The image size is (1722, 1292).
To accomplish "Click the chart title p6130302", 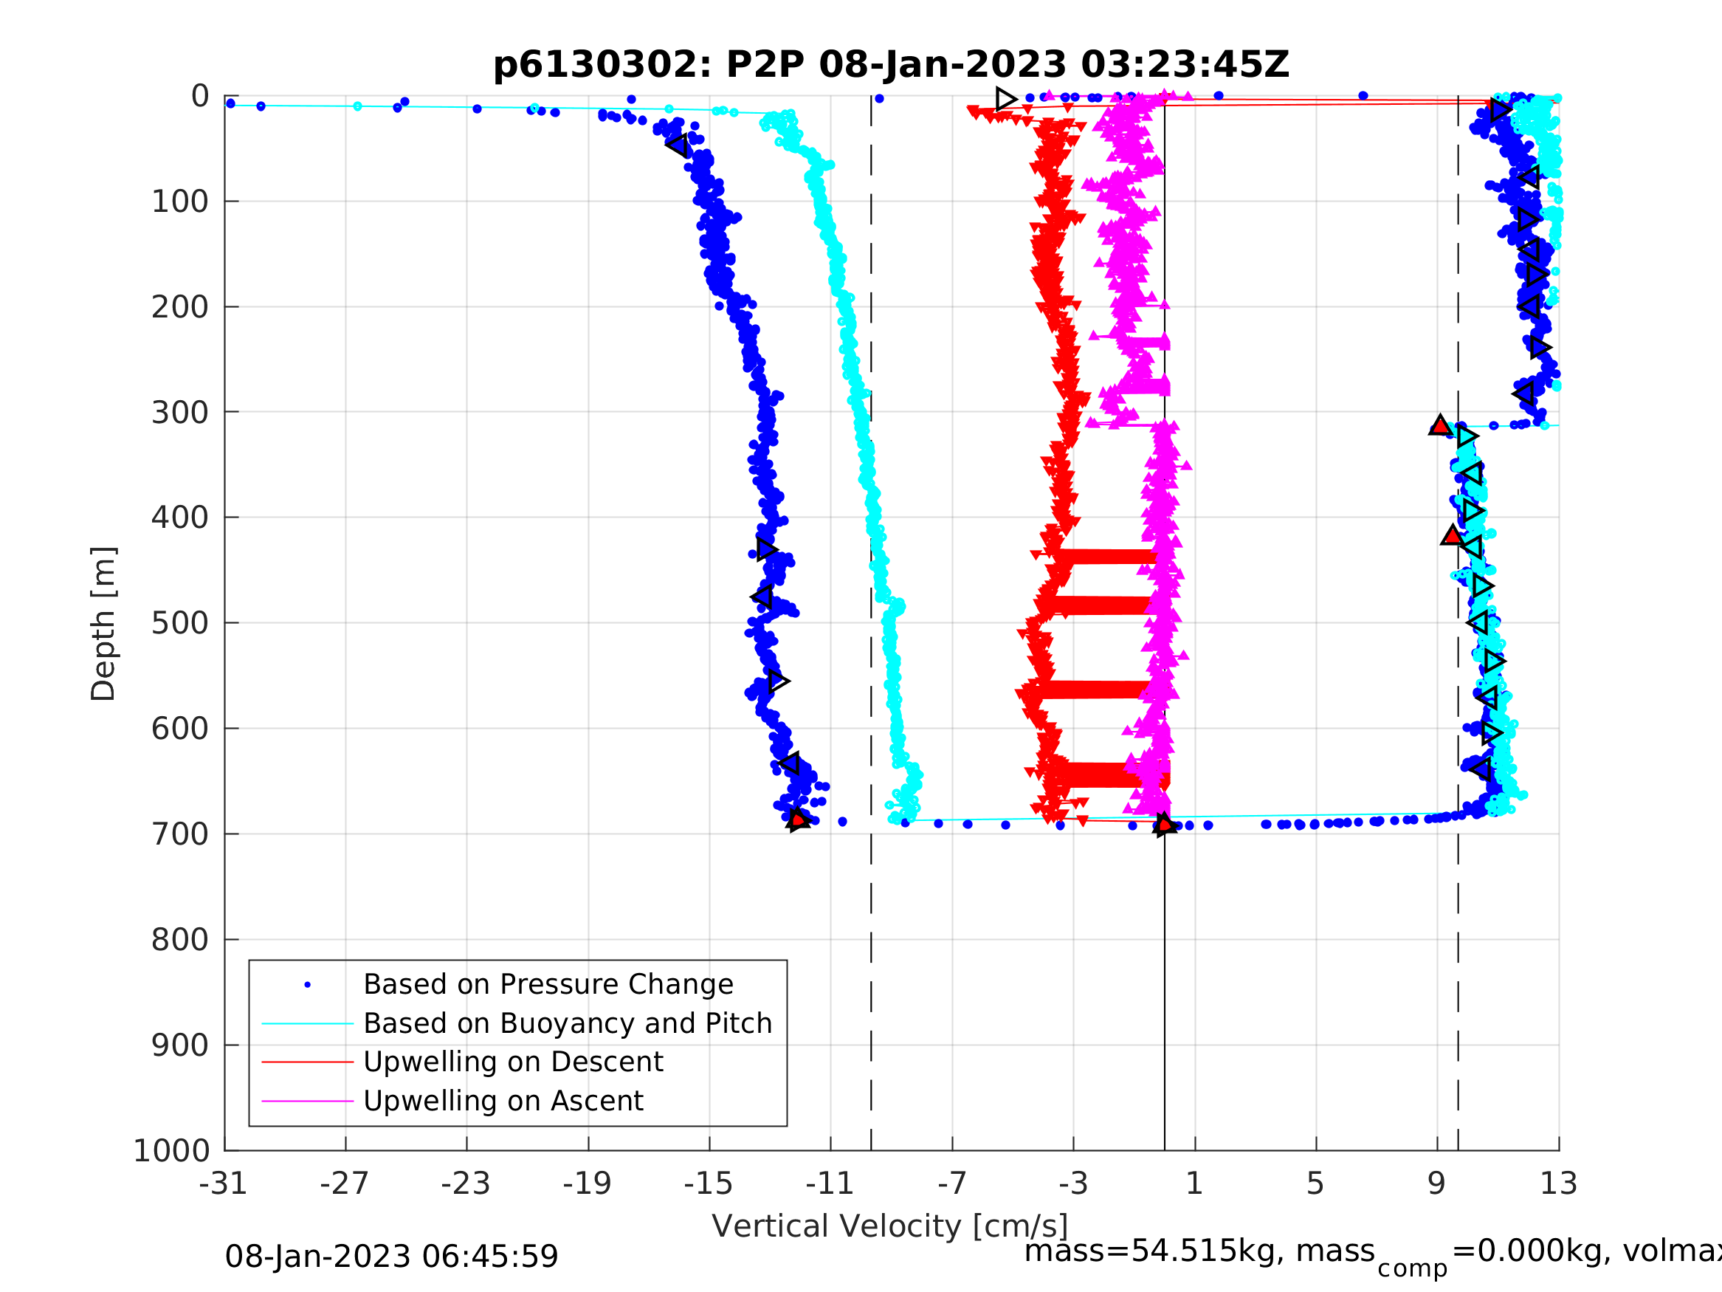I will [891, 65].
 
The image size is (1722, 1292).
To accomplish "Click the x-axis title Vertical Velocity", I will [891, 1226].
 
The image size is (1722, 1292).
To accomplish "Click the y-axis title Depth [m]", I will [103, 623].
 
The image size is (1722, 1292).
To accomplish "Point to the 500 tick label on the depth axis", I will [180, 623].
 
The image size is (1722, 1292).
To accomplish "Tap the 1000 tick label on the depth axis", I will [172, 1150].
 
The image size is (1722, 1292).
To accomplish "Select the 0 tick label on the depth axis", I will [200, 97].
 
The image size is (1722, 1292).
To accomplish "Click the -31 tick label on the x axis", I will [224, 1183].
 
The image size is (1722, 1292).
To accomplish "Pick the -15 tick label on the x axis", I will [709, 1183].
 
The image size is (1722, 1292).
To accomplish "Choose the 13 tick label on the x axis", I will [1559, 1183].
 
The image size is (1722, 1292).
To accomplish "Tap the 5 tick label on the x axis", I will [1315, 1183].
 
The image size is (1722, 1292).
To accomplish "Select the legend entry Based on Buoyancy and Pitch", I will [568, 1023].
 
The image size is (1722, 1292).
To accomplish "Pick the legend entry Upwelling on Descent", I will [513, 1062].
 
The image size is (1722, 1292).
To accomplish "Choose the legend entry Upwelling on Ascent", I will [503, 1101].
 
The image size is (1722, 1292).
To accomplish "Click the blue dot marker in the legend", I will [308, 985].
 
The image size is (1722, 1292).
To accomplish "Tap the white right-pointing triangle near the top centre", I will [1006, 99].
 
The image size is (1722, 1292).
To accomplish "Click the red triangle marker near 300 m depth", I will [1440, 426].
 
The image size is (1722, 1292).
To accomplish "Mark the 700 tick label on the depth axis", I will [180, 834].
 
